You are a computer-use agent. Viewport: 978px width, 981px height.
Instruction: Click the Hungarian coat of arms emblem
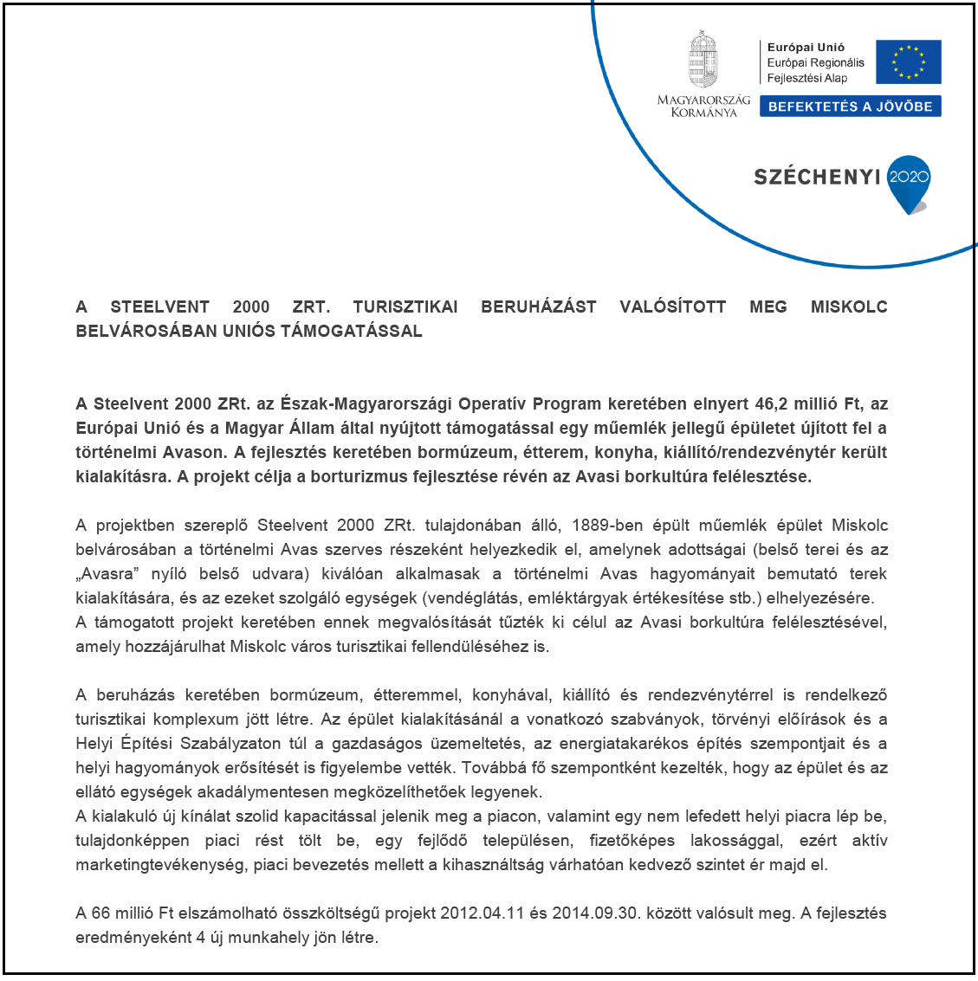(703, 60)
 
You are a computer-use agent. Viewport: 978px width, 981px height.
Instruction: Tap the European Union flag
(908, 62)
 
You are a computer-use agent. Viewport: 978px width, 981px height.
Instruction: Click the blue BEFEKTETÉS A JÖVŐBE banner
(850, 106)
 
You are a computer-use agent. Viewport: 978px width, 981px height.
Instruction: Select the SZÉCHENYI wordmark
(817, 177)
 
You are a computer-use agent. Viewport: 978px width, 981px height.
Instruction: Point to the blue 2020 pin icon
(909, 183)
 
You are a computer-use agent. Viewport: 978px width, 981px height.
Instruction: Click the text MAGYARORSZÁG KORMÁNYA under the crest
(703, 106)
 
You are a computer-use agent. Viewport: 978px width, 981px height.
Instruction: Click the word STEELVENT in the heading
(159, 307)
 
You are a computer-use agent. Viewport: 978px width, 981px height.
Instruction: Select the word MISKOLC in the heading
(848, 307)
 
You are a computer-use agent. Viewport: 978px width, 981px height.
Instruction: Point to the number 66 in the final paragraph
(100, 913)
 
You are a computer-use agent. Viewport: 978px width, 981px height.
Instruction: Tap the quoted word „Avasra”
(107, 574)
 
